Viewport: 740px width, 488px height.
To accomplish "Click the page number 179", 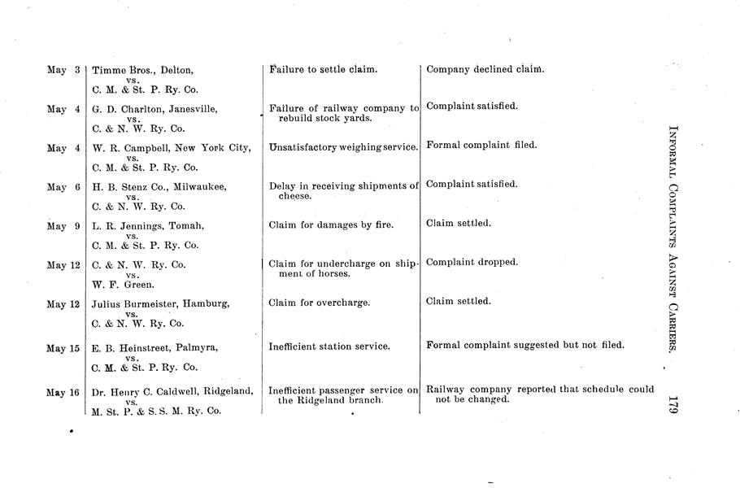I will (x=672, y=403).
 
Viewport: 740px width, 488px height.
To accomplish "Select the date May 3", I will (x=63, y=70).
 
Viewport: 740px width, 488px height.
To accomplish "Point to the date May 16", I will (x=63, y=393).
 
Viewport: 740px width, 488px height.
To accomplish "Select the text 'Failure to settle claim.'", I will (x=323, y=70).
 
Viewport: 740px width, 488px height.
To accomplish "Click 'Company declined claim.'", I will (x=485, y=69).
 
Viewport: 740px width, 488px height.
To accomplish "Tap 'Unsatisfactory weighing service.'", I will (x=343, y=146).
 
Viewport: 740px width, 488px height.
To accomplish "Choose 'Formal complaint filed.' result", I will (x=481, y=146).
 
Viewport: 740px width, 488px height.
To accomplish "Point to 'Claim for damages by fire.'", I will (x=331, y=224).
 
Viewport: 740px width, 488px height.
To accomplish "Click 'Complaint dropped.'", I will (x=472, y=263).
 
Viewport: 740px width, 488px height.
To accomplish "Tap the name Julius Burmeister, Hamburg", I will (x=160, y=304).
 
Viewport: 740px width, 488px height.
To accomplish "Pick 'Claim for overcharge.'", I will (x=319, y=303).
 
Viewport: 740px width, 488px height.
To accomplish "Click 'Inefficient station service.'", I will (x=329, y=346).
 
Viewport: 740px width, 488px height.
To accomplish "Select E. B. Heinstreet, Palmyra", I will (x=155, y=348).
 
